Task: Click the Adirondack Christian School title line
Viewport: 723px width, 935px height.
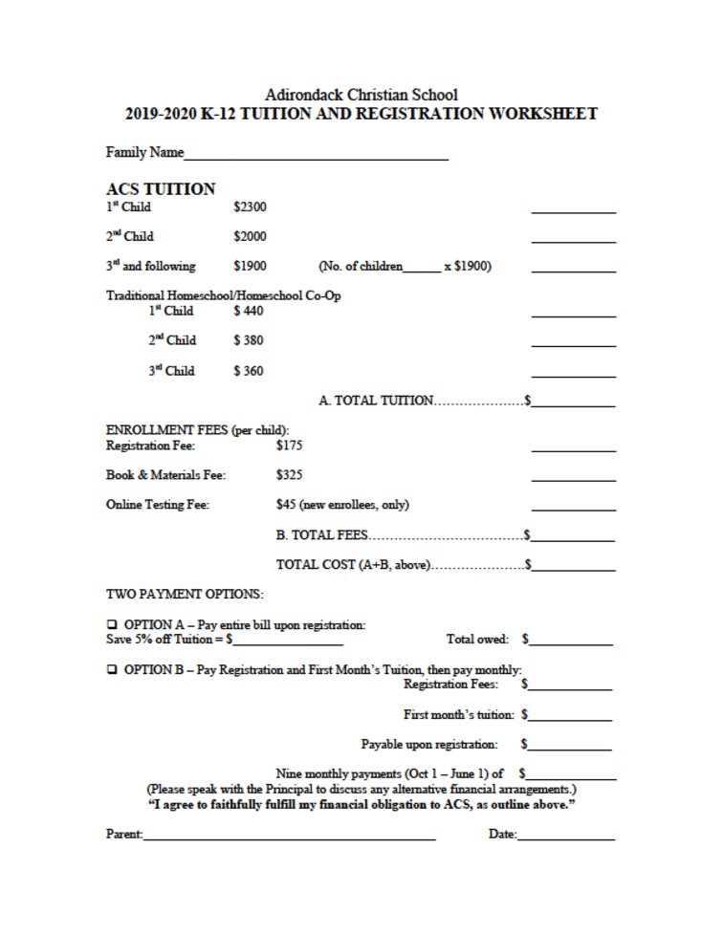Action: pyautogui.click(x=361, y=95)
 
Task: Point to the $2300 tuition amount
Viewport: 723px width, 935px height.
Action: pyautogui.click(x=250, y=205)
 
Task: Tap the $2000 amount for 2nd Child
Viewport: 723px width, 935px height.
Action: pyautogui.click(x=250, y=235)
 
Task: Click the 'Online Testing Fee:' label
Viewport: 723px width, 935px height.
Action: pyautogui.click(x=155, y=503)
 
